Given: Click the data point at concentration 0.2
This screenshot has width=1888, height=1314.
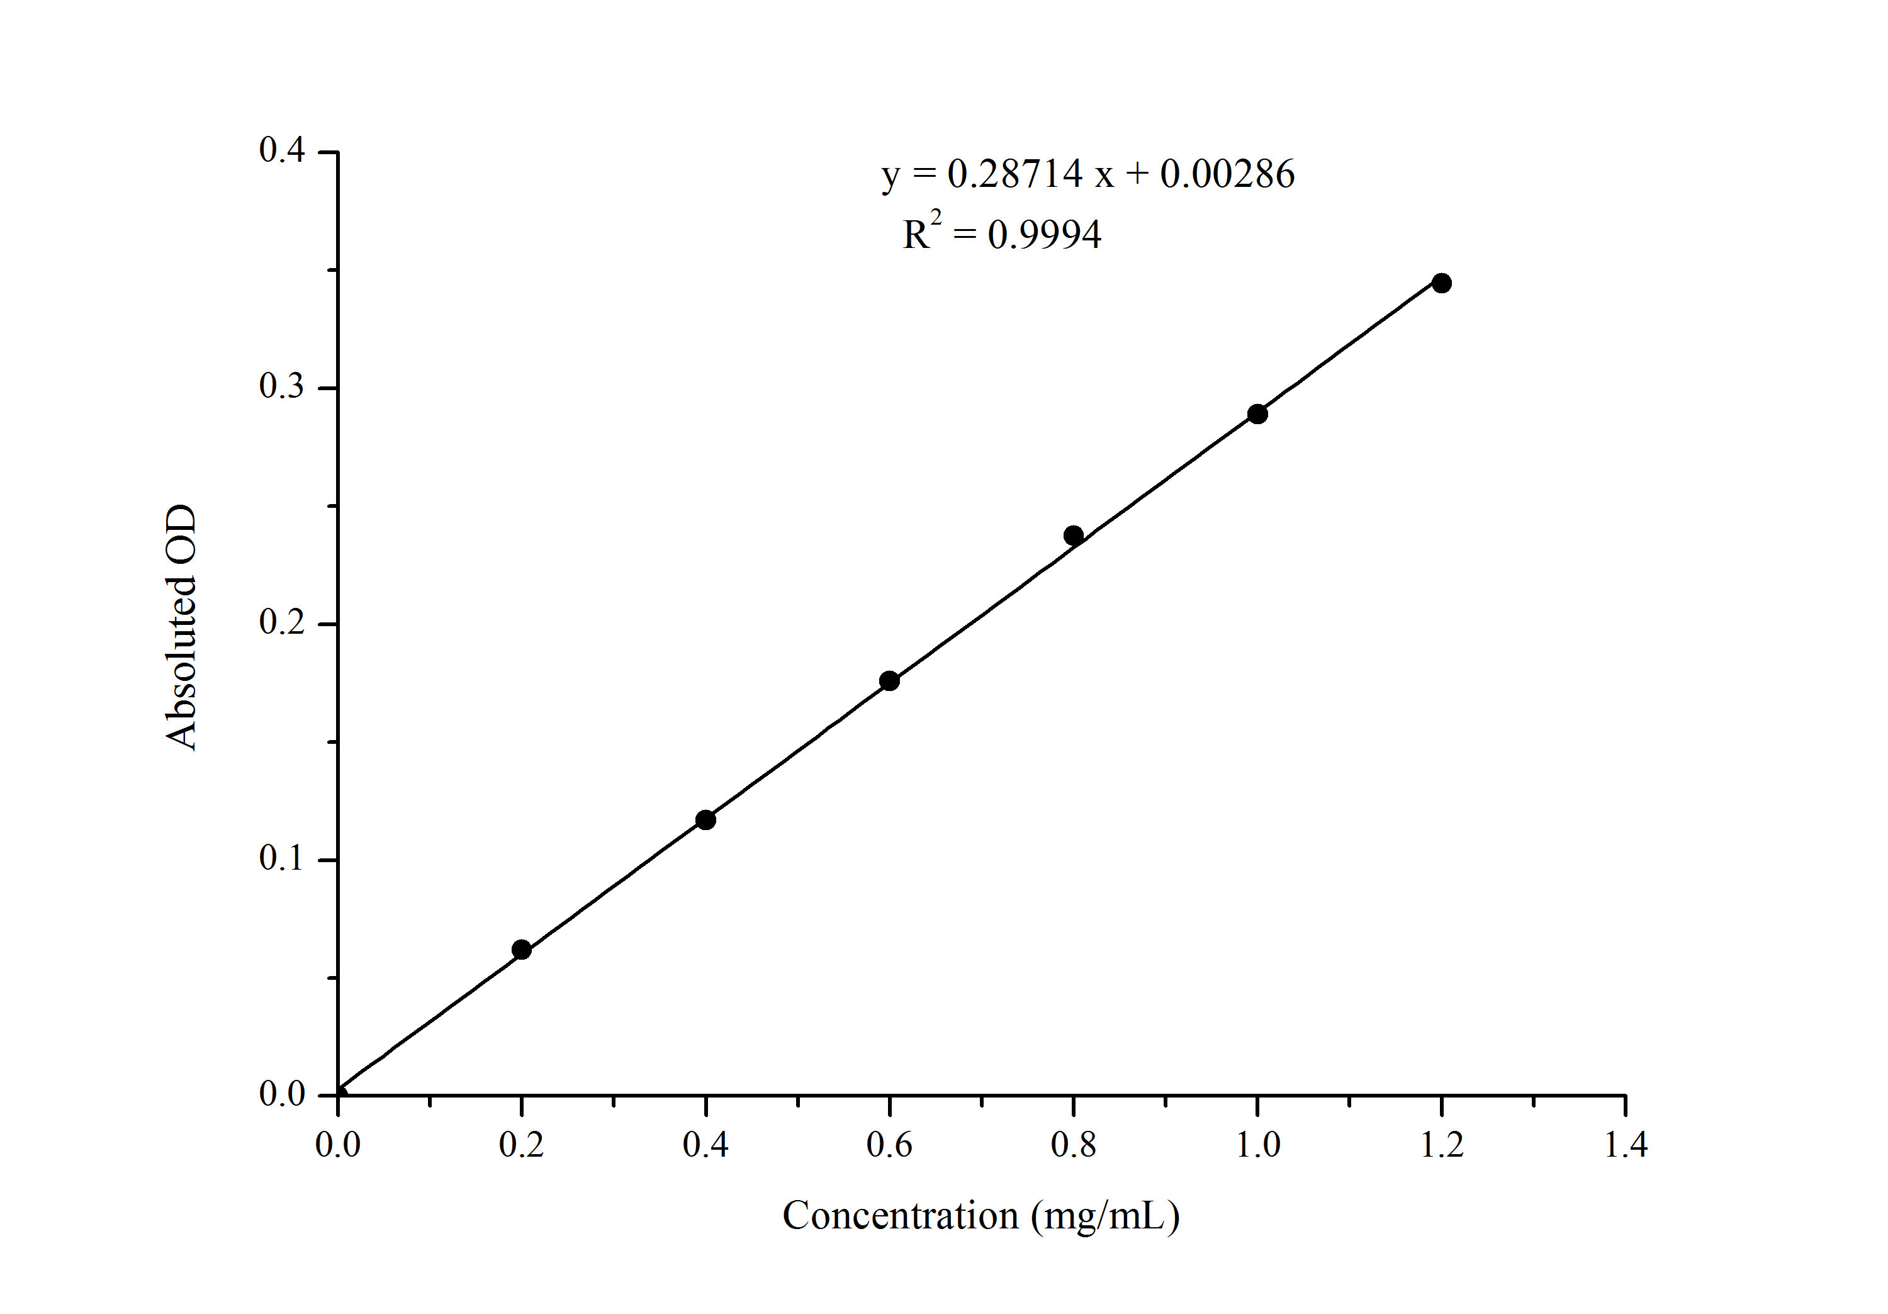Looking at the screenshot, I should pos(521,950).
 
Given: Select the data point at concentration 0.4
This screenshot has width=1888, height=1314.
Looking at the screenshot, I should pos(705,820).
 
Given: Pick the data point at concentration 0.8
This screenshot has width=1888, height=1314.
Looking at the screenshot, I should pos(1073,536).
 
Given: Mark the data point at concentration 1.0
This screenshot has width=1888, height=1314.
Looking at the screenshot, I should pos(1257,413).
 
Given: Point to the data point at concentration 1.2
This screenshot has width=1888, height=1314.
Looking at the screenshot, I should pos(1442,283).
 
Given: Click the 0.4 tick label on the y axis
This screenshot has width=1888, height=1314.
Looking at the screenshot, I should pos(281,150).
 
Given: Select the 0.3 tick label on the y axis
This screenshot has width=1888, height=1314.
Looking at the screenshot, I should pos(281,386).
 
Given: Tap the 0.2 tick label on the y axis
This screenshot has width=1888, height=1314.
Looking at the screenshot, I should pos(281,622).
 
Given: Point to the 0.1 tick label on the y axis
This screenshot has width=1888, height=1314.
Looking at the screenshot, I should pos(281,858).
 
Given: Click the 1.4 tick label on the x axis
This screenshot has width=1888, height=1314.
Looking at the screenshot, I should pos(1626,1145).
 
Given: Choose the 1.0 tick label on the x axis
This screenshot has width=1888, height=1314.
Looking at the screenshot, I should pos(1258,1145).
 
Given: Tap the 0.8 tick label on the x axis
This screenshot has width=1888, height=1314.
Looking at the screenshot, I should pos(1073,1145).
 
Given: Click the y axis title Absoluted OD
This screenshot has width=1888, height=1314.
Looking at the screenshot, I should pos(181,627).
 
